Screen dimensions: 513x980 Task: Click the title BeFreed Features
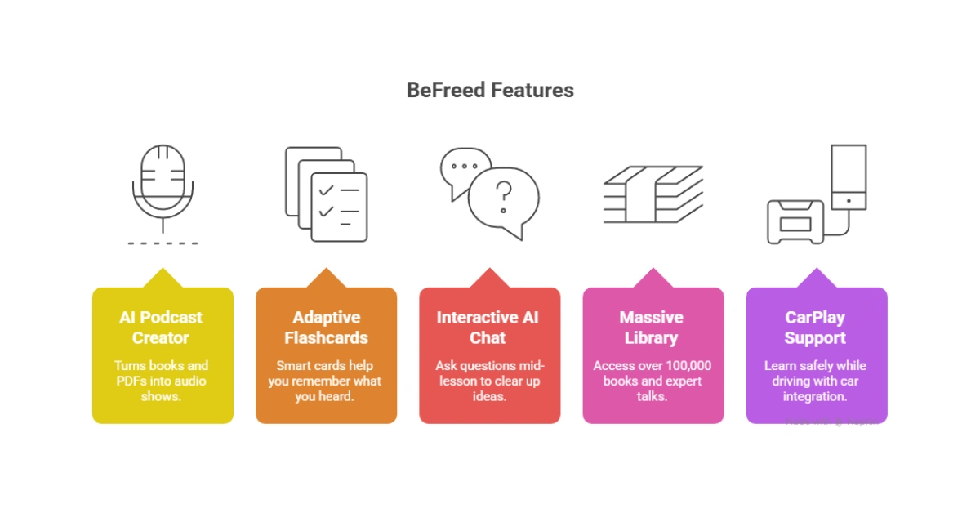(x=490, y=90)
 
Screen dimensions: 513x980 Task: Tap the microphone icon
(x=163, y=184)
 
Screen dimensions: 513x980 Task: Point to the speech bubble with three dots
(x=465, y=167)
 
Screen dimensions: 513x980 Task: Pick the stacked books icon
(x=653, y=194)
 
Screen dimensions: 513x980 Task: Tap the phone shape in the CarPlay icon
(x=849, y=177)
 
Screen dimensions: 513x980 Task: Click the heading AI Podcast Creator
(x=162, y=328)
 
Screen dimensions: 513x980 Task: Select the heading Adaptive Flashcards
(x=326, y=328)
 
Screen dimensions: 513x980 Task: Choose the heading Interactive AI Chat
(x=488, y=328)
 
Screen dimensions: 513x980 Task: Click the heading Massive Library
(x=652, y=328)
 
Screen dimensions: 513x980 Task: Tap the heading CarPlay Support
(x=815, y=328)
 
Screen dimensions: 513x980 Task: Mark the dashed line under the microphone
(x=163, y=243)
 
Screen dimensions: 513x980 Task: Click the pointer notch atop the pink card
(x=653, y=279)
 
